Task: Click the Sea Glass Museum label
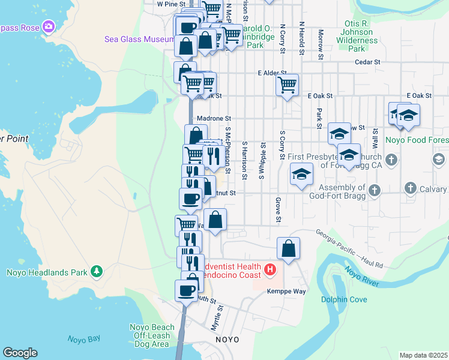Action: pyautogui.click(x=139, y=39)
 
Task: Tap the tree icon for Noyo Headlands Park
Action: pyautogui.click(x=97, y=272)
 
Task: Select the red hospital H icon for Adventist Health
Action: pyautogui.click(x=270, y=270)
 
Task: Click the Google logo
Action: pyautogui.click(x=20, y=353)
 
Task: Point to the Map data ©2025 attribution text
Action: pyautogui.click(x=423, y=355)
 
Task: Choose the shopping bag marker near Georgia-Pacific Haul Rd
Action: pyautogui.click(x=288, y=247)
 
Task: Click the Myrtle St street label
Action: pyautogui.click(x=217, y=318)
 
